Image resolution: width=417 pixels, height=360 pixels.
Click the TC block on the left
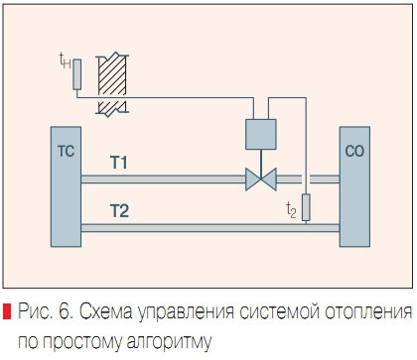pos(65,187)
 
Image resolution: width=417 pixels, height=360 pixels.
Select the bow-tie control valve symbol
pos(261,180)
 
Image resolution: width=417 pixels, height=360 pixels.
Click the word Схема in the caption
pos(105,313)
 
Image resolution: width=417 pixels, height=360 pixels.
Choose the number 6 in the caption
pos(63,313)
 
